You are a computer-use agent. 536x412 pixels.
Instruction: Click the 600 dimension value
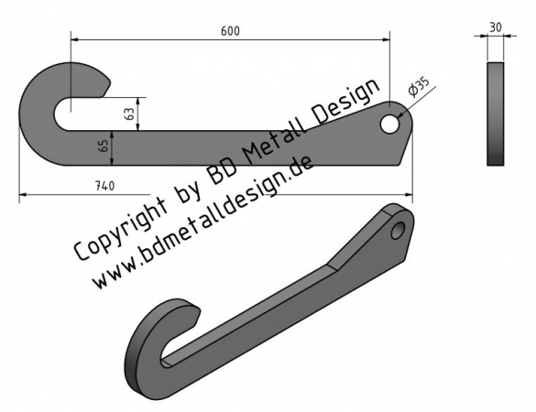230,31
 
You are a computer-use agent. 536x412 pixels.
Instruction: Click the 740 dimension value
105,186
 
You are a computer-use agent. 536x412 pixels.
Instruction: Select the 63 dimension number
129,114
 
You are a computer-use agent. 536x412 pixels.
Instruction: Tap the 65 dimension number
105,146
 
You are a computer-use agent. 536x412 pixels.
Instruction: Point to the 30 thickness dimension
496,27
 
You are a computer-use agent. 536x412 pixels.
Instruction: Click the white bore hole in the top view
389,124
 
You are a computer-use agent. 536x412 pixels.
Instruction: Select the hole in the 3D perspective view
398,230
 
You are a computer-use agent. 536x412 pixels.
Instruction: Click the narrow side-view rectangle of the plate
496,114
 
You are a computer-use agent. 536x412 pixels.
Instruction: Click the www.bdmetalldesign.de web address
202,222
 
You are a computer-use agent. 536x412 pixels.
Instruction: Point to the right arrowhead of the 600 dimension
387,39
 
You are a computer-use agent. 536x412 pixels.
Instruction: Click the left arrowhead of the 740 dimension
23,195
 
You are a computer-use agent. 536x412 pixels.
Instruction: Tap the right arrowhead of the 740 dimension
409,195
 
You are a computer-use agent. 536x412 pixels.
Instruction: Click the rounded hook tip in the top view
106,83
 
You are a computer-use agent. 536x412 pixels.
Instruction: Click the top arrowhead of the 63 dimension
137,101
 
